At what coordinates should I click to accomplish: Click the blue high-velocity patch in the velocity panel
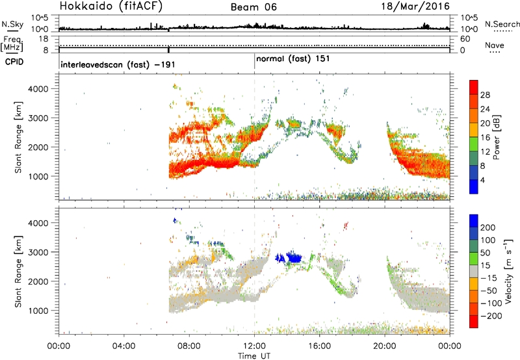[289, 257]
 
